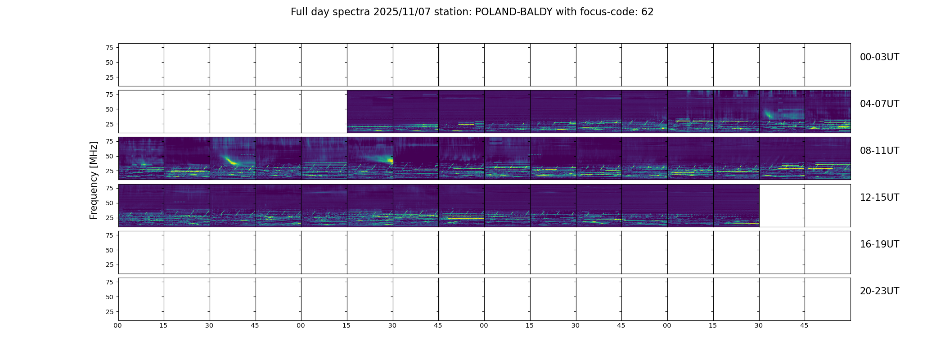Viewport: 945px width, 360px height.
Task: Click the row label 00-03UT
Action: pos(879,57)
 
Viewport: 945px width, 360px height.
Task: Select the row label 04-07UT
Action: pos(879,104)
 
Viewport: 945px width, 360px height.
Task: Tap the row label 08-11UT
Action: pos(879,151)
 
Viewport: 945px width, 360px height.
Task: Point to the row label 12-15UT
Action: pos(879,198)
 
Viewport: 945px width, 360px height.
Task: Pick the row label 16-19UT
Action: pos(879,244)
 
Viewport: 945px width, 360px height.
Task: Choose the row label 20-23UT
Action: pos(879,291)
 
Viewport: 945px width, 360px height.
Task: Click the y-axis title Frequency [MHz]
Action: pos(94,180)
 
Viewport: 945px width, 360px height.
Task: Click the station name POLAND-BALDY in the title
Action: pos(514,12)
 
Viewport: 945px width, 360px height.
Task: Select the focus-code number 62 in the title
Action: pos(648,12)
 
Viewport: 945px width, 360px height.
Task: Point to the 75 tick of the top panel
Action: pos(109,48)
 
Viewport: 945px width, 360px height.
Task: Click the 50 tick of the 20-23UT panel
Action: pos(109,297)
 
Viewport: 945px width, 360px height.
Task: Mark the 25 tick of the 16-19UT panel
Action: pos(109,265)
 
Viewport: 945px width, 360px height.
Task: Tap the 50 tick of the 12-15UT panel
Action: pos(109,203)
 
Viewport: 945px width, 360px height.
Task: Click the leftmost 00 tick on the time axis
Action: pos(118,325)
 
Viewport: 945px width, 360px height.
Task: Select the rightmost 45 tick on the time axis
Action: pos(804,325)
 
